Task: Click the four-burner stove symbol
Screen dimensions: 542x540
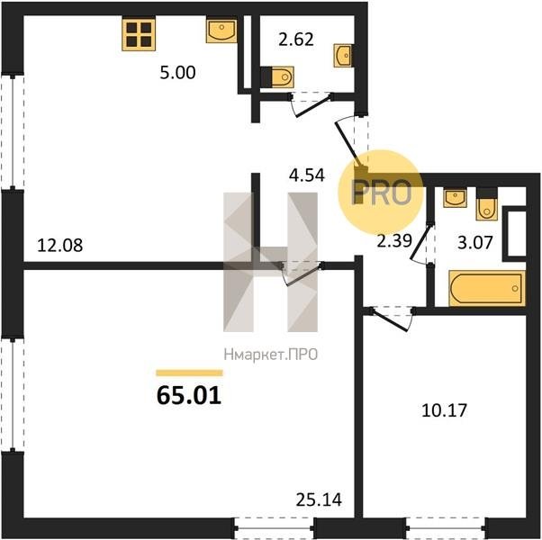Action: point(139,34)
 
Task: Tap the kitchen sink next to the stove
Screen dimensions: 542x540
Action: point(221,31)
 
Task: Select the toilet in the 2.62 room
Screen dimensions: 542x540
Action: point(277,76)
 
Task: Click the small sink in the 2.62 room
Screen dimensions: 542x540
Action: point(343,55)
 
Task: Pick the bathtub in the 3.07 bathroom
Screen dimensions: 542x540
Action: point(487,289)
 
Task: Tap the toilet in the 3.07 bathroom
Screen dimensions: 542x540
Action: point(486,204)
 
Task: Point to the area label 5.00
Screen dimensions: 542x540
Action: point(177,73)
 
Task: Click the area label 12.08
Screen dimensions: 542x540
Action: point(59,246)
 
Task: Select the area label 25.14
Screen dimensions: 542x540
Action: point(319,499)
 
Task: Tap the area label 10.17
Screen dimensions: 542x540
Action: point(444,410)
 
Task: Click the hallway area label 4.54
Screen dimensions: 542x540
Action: point(307,175)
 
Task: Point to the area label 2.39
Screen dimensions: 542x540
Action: point(394,241)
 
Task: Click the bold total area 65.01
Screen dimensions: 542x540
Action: point(189,396)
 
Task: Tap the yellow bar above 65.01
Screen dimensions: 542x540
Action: point(189,373)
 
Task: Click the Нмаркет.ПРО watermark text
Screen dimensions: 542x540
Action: point(271,355)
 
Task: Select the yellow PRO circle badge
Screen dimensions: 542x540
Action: point(381,193)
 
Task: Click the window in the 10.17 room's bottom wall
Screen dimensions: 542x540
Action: point(446,528)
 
